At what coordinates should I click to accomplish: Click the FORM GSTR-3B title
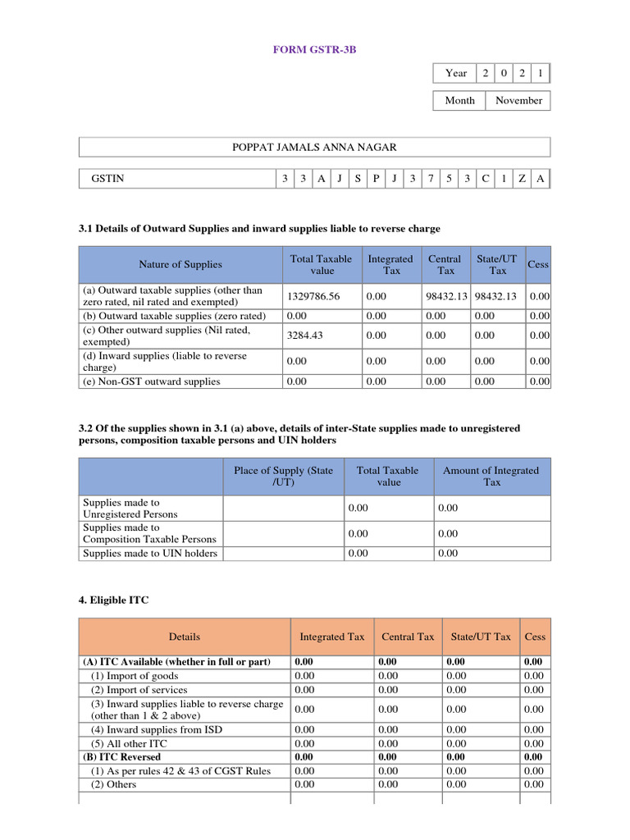[x=314, y=50]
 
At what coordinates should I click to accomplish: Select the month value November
[x=518, y=101]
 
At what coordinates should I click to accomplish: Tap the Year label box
[x=456, y=74]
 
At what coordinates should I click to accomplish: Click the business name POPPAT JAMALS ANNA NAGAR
[x=314, y=148]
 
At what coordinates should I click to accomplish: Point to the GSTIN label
[x=108, y=179]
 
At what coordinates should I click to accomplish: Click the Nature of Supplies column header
[x=180, y=265]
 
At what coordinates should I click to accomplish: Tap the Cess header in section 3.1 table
[x=538, y=265]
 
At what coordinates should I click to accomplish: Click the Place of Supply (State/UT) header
[x=284, y=477]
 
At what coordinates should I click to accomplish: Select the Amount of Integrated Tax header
[x=491, y=477]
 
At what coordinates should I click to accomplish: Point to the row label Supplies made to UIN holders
[x=150, y=554]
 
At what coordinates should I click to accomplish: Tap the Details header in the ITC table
[x=185, y=637]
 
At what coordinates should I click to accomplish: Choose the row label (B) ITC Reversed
[x=122, y=757]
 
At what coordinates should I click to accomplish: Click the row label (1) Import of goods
[x=131, y=676]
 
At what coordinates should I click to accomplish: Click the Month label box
[x=459, y=101]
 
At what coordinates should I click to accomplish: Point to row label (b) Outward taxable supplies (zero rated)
[x=174, y=316]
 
